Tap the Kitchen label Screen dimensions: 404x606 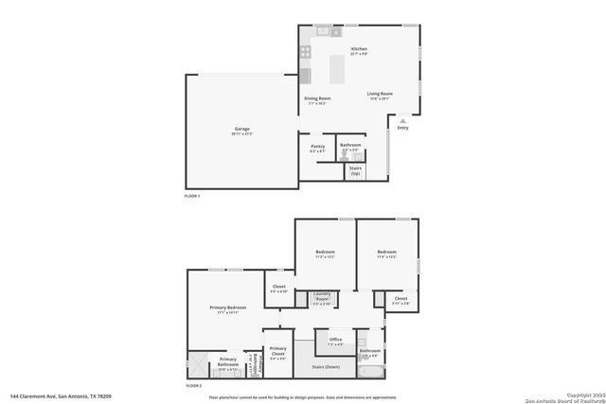(x=359, y=48)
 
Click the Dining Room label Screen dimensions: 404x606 (x=317, y=98)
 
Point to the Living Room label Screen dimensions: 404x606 (x=380, y=94)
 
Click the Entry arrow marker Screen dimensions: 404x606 (x=403, y=120)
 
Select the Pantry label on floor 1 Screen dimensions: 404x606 (x=318, y=146)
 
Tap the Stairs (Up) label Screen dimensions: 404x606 (x=355, y=171)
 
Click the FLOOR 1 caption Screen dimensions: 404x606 (x=192, y=195)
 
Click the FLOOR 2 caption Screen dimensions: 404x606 (x=193, y=386)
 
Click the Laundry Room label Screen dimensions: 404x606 (x=322, y=296)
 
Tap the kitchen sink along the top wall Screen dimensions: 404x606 (x=323, y=32)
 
